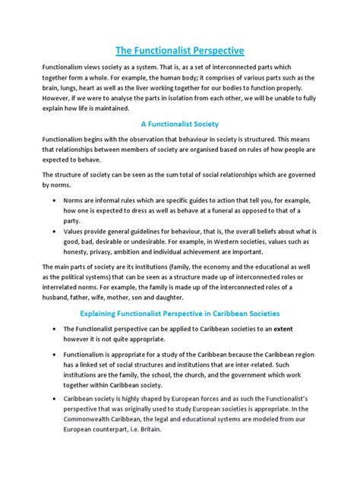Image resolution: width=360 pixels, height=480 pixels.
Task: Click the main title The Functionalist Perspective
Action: click(179, 51)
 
